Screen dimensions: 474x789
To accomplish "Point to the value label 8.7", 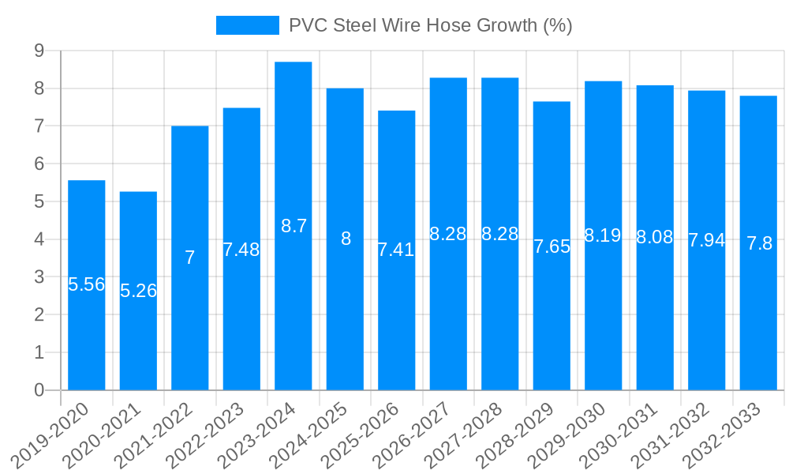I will [x=294, y=226].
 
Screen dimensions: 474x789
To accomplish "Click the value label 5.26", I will [x=138, y=291].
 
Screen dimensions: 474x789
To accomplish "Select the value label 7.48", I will [x=241, y=250].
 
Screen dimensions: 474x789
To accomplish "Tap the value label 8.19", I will [x=603, y=235].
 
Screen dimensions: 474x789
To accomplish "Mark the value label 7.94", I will [x=706, y=240].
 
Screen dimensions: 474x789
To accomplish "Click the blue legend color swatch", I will [x=248, y=25].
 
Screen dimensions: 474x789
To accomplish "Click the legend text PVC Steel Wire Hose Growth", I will [x=430, y=25].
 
